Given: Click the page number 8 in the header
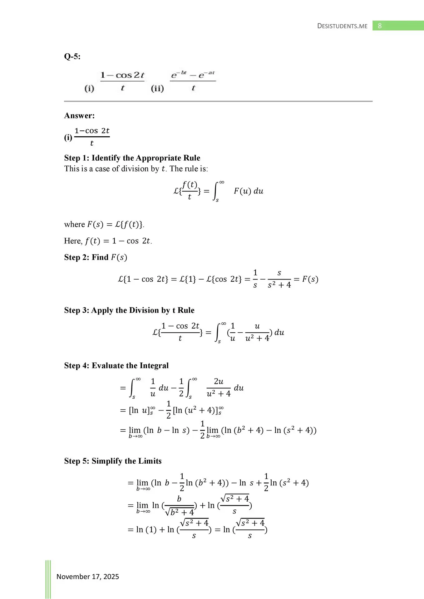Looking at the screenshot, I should [380, 26].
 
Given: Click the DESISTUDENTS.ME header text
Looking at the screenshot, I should [342, 26].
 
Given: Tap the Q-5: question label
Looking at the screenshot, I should [72, 56].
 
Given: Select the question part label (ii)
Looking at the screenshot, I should [157, 89].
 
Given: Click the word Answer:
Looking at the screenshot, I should [79, 116].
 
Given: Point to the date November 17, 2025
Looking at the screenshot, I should [88, 577].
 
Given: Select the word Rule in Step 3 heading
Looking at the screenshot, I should [186, 310].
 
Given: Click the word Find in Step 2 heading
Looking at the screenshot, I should [100, 257].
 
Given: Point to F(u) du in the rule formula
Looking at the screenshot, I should [249, 191].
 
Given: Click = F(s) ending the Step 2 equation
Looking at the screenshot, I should [306, 279].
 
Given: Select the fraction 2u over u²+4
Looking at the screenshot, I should [219, 388].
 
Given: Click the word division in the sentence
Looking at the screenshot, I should [135, 169].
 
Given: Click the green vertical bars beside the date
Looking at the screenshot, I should [48, 579].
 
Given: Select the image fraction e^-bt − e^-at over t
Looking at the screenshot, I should [193, 81].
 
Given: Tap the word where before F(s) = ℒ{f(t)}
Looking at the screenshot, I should [74, 225].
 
